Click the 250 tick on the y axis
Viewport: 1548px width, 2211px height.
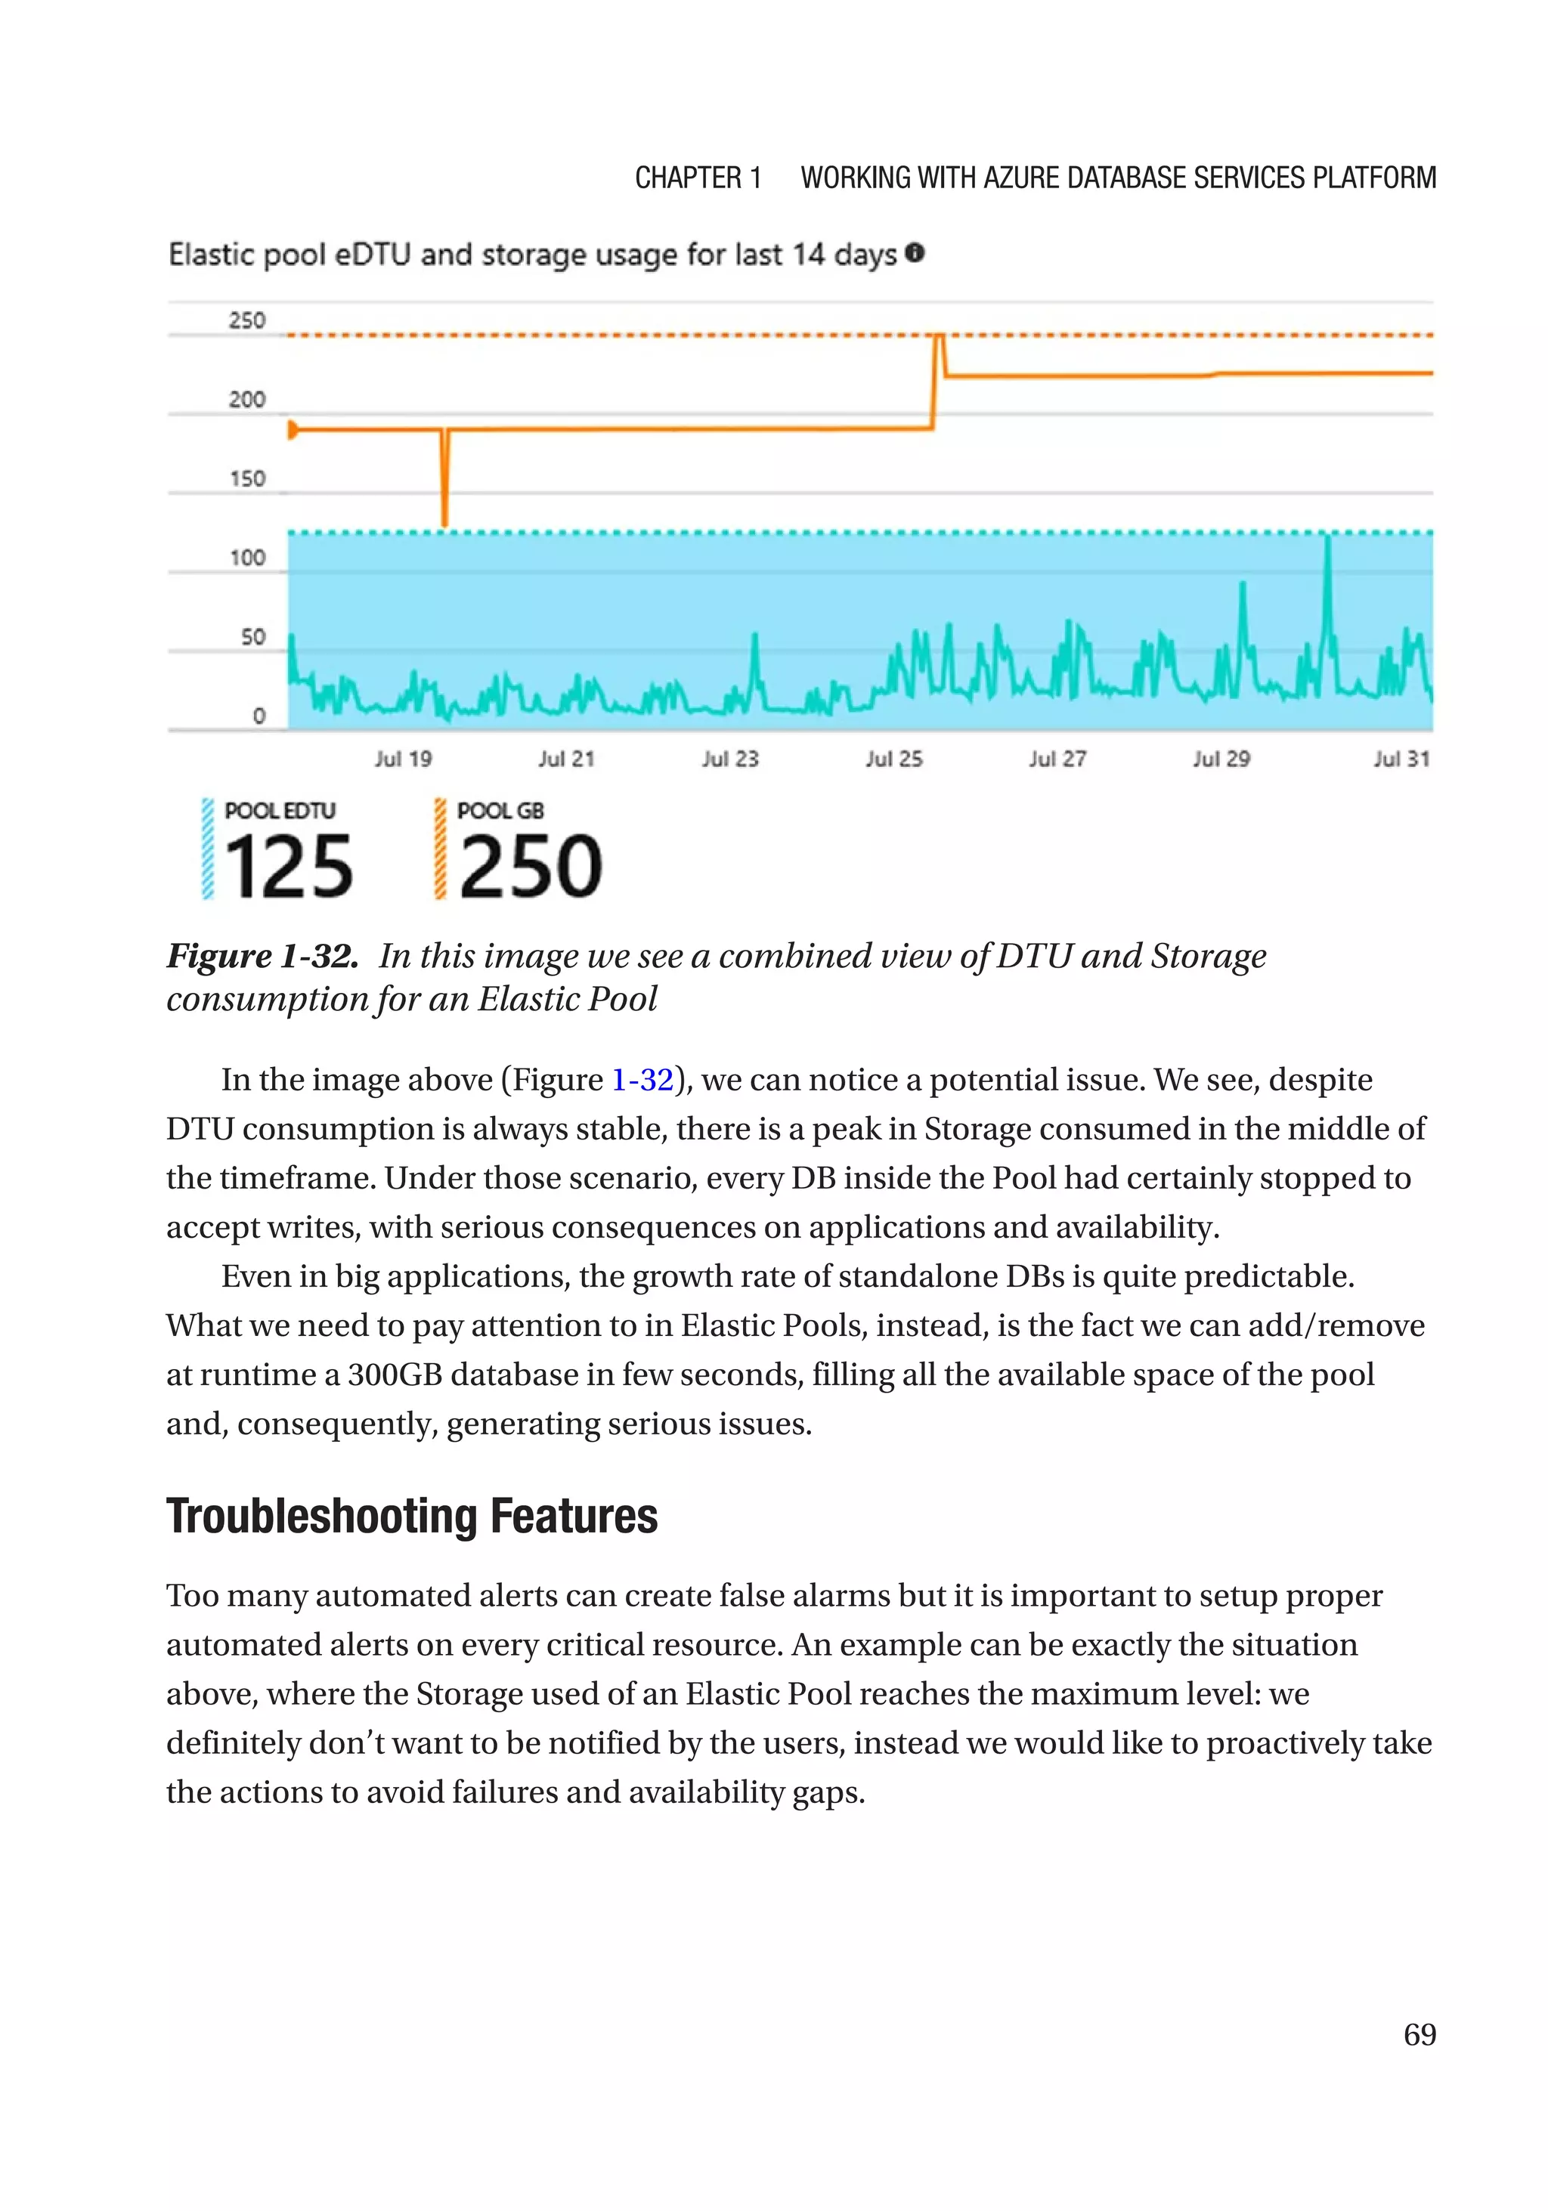(246, 320)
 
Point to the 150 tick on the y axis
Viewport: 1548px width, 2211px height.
(246, 478)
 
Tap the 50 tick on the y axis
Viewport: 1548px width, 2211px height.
(252, 636)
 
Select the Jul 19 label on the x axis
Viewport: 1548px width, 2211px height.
(403, 759)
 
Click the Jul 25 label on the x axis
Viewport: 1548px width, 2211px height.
(893, 759)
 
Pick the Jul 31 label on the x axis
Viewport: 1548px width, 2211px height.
(1401, 759)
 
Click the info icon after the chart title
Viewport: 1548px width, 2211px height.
(915, 253)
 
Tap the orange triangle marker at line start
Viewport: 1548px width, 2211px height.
(293, 429)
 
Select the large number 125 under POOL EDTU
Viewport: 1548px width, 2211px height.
(288, 867)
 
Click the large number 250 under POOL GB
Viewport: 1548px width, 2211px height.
(530, 867)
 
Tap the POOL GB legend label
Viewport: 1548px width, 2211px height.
(500, 811)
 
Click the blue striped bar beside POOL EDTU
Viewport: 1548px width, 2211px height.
(207, 849)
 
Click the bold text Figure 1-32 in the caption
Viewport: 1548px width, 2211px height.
(262, 956)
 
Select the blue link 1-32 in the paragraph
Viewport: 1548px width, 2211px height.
(642, 1080)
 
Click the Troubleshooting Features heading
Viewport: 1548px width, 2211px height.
(411, 1517)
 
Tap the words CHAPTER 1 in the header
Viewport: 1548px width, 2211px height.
(698, 178)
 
